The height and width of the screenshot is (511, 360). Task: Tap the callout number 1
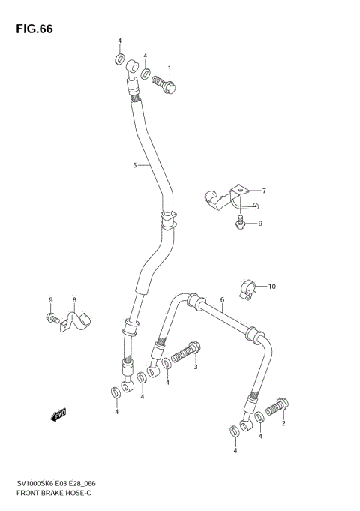coord(169,68)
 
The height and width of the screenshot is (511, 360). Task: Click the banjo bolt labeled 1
coord(166,84)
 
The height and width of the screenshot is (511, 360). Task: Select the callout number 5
coord(135,165)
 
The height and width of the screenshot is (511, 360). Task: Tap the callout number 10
coord(272,286)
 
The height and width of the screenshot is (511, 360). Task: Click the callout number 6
coord(223,300)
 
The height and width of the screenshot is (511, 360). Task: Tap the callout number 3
coord(196,366)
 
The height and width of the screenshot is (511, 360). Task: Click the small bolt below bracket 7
coord(239,222)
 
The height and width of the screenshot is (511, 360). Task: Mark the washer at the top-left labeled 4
coord(119,59)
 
